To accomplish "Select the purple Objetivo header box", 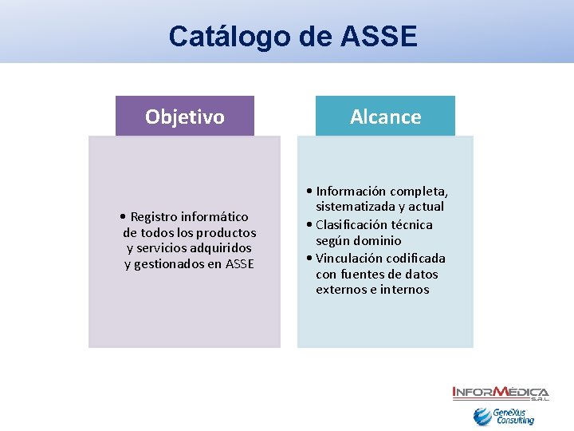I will tap(185, 117).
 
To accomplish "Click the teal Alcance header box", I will tap(385, 117).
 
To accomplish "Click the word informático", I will tap(214, 217).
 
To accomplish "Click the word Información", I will tap(351, 192).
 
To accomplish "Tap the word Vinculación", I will tap(350, 259).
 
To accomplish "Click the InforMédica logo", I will tap(500, 393).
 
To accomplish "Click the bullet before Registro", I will tap(120, 217).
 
